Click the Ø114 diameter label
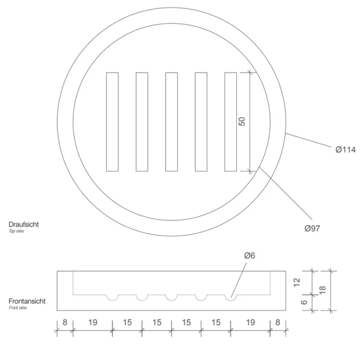[x=346, y=150]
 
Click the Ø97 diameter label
[x=312, y=229]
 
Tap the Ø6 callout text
[x=250, y=256]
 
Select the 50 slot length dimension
[x=242, y=121]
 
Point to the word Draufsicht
[x=24, y=224]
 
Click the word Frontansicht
[x=27, y=301]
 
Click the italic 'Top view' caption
[x=16, y=231]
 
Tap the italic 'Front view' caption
[x=18, y=308]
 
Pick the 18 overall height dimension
[x=323, y=290]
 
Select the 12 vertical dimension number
[x=297, y=282]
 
